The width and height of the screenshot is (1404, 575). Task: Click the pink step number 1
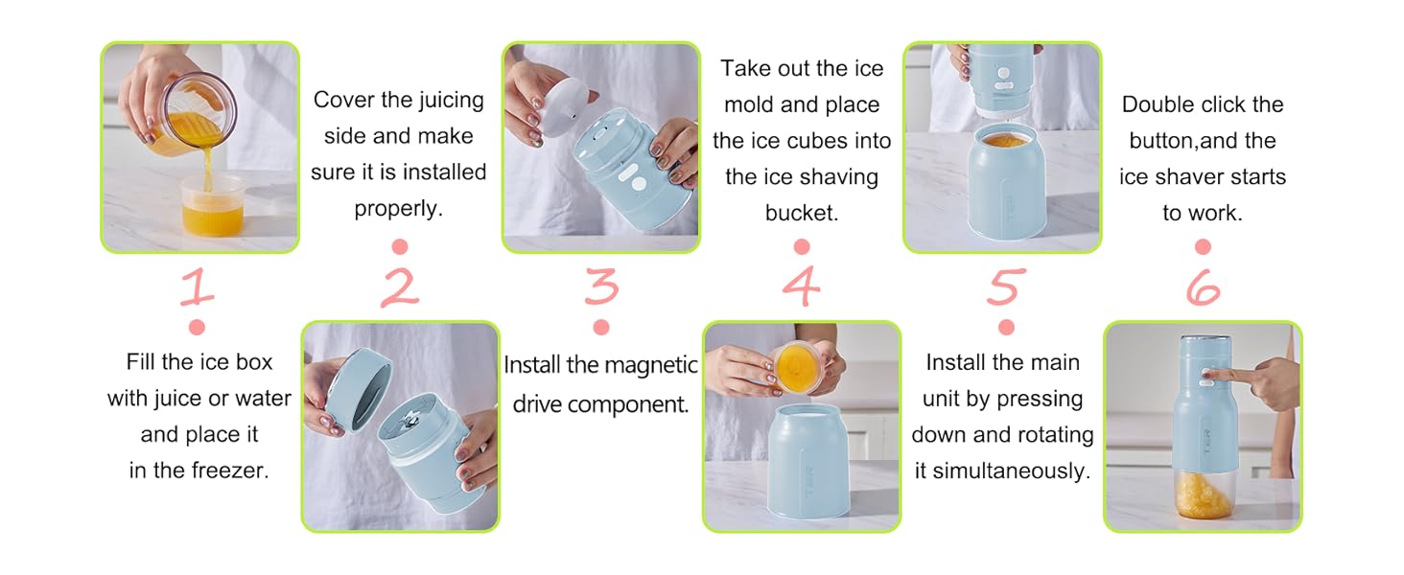pyautogui.click(x=197, y=287)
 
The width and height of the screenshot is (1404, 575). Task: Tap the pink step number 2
pyautogui.click(x=399, y=287)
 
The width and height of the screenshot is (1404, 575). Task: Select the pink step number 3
pyautogui.click(x=600, y=287)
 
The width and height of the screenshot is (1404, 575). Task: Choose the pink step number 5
pyautogui.click(x=1005, y=287)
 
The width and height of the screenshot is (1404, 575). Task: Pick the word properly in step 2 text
pyautogui.click(x=398, y=208)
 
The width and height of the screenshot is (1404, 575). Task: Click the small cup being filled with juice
pyautogui.click(x=213, y=204)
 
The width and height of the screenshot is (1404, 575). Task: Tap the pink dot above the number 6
pyautogui.click(x=1203, y=248)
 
